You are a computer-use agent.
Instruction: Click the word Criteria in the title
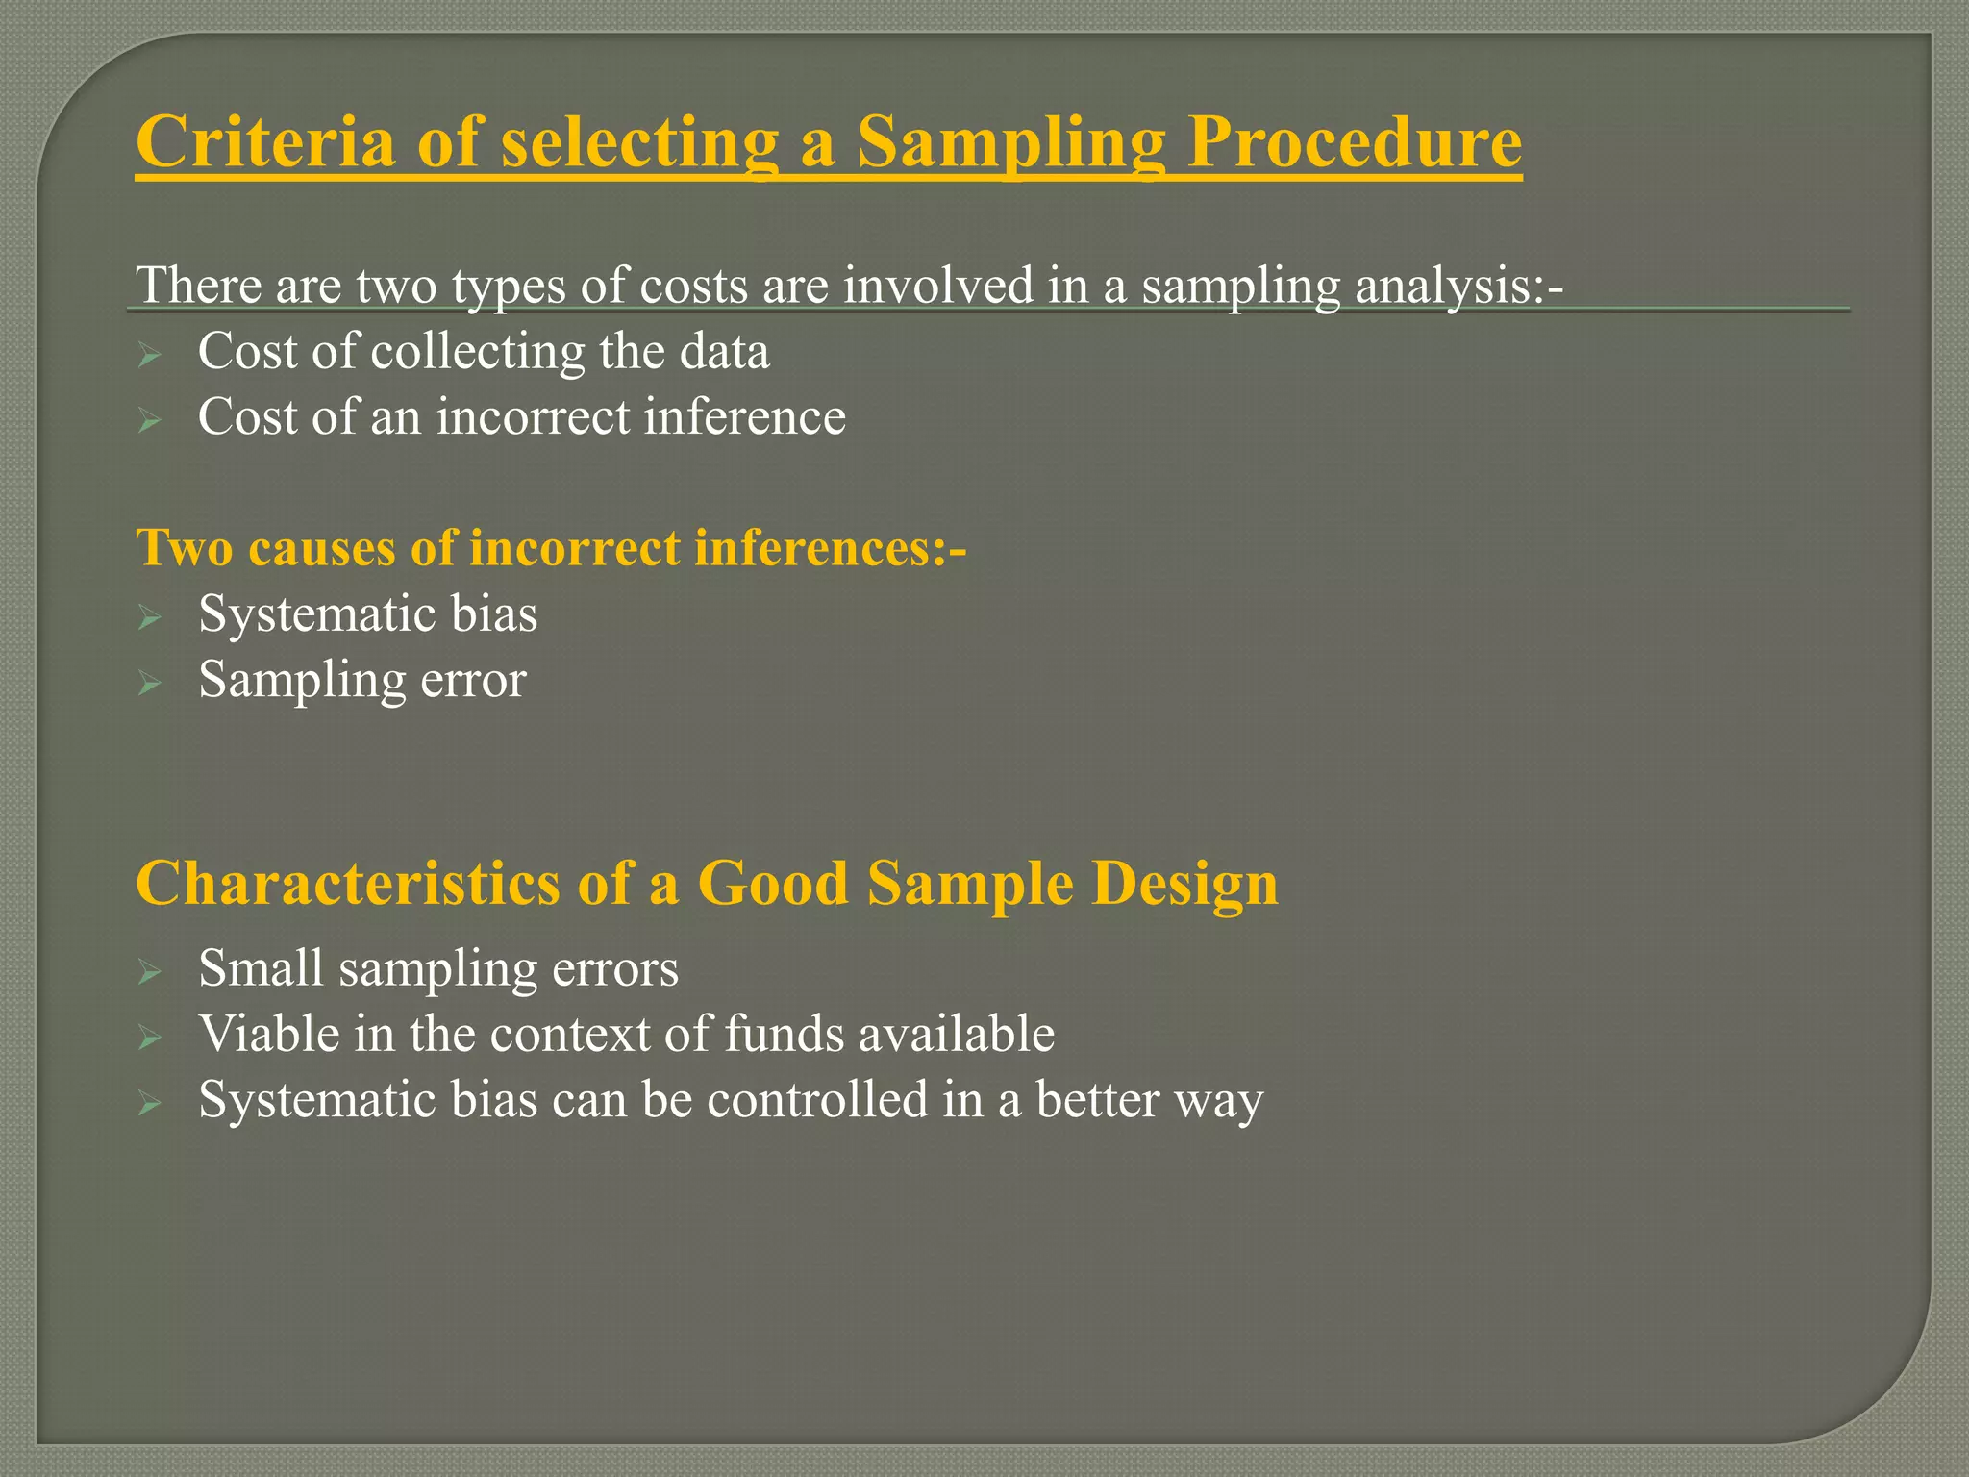coord(265,142)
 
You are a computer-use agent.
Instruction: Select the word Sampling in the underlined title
coord(1010,142)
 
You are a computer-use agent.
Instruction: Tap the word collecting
coord(477,352)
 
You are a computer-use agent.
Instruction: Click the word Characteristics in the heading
coord(347,883)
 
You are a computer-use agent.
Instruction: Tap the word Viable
coord(268,1034)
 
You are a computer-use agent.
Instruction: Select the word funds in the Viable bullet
coord(784,1034)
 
